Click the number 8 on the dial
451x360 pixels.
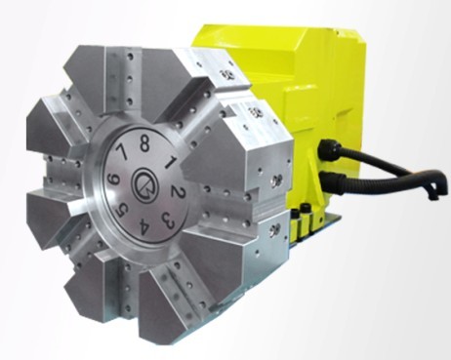[x=144, y=144]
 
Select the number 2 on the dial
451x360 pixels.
[x=178, y=193]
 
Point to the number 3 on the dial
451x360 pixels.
[x=169, y=220]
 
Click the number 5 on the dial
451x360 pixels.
[x=122, y=211]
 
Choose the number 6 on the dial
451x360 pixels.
[x=114, y=180]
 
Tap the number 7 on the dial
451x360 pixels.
[x=122, y=152]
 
